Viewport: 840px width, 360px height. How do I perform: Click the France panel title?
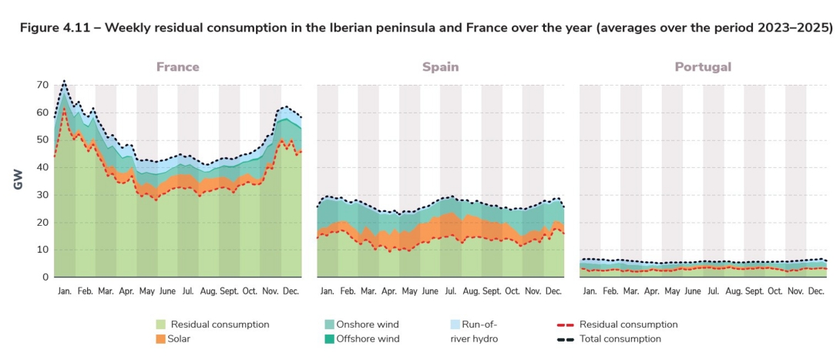177,67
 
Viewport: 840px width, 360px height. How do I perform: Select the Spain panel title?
440,67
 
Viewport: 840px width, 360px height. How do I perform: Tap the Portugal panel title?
703,67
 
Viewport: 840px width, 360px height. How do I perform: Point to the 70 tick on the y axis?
42,85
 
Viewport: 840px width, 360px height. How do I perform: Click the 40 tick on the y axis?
42,167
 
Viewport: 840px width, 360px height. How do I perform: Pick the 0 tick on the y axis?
45,278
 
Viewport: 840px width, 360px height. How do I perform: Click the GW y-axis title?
17,181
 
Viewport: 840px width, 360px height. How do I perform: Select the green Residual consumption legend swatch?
160,325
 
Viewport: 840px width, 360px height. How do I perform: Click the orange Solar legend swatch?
160,338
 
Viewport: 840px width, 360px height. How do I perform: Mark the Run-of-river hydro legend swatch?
455,325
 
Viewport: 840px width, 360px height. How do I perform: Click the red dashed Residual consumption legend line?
565,325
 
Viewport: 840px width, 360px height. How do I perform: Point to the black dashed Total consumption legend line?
565,338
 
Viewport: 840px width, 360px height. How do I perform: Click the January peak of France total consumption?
64,80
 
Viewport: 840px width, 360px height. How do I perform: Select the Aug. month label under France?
208,291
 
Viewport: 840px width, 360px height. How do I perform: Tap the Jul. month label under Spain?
450,291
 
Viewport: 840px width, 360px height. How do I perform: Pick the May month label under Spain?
409,291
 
